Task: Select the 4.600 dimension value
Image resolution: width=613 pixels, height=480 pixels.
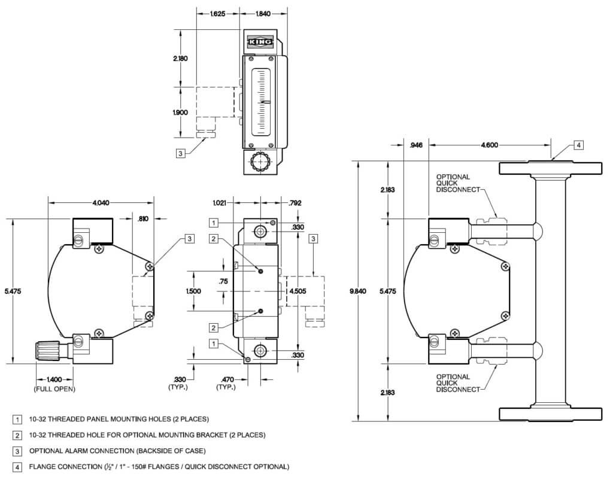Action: click(x=489, y=145)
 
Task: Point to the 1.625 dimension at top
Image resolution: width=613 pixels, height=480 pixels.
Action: click(x=218, y=13)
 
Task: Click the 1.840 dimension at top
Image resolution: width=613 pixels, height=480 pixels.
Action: click(x=264, y=13)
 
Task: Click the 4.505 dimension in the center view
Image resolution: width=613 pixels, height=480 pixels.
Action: click(x=298, y=291)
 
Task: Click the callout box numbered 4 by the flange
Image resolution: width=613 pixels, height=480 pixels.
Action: click(x=578, y=145)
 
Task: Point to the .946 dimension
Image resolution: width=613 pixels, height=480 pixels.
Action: click(x=416, y=145)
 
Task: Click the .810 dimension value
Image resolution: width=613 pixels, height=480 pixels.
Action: click(x=142, y=220)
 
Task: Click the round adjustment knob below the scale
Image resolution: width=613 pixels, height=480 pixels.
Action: click(x=260, y=162)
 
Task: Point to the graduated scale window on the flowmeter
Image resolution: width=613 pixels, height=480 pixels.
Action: click(x=262, y=101)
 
